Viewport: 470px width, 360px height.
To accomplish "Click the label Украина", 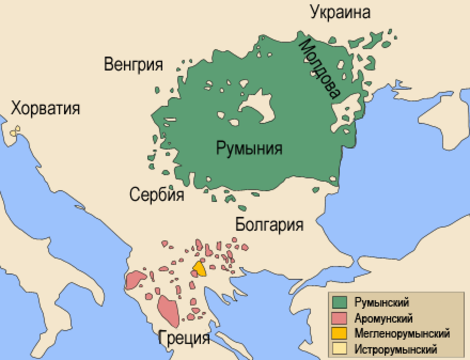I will click(x=340, y=12).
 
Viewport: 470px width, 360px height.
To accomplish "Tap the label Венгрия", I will click(x=133, y=64).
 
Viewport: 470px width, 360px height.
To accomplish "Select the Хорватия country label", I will click(x=45, y=108).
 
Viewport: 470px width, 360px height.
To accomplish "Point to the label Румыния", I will click(x=249, y=148).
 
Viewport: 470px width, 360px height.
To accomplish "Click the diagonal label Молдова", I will click(x=320, y=69).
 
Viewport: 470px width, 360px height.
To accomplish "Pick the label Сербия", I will click(x=157, y=194).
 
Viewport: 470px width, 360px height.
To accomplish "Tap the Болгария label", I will click(x=269, y=225).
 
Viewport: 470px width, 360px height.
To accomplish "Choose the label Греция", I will click(x=184, y=338).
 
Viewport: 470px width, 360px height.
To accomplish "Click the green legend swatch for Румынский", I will click(x=339, y=302).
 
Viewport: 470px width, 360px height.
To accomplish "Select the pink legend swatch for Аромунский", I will click(x=339, y=318).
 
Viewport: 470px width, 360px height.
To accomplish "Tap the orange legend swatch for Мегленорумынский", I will click(x=339, y=333).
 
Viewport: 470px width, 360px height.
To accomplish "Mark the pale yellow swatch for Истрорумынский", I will click(x=339, y=349).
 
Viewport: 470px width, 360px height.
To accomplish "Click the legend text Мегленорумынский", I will click(x=401, y=334).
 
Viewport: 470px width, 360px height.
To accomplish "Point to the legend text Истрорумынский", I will click(x=395, y=349).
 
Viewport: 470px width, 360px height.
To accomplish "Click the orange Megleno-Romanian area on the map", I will click(x=200, y=269).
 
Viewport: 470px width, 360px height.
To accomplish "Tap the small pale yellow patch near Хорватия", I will click(x=15, y=132).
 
